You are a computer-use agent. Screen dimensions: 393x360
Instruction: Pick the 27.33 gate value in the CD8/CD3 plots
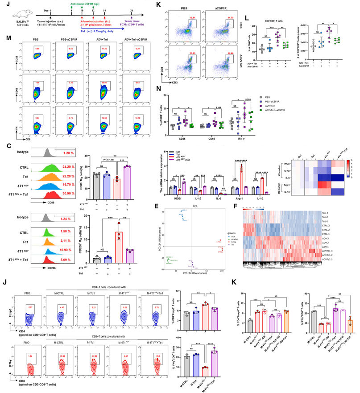pyautogui.click(x=193, y=53)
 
